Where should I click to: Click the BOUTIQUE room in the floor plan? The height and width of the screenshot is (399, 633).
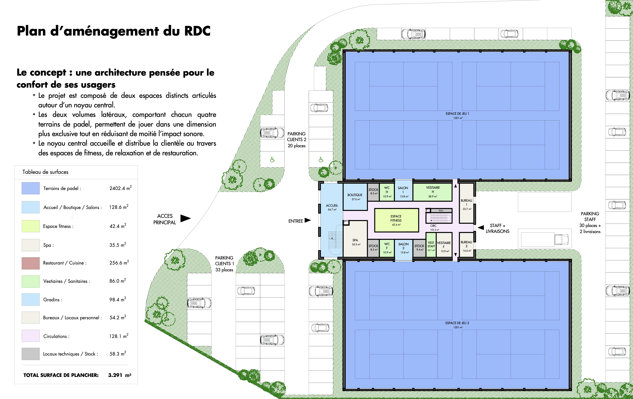click(355, 197)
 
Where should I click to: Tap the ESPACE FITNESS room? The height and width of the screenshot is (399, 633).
click(396, 220)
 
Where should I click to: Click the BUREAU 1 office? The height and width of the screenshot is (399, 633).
click(466, 203)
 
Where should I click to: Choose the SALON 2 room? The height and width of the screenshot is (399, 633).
click(404, 248)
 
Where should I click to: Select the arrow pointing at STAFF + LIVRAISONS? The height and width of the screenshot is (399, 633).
click(481, 228)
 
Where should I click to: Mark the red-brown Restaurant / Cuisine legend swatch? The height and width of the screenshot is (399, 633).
click(31, 263)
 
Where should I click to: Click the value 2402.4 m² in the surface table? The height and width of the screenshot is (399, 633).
click(121, 188)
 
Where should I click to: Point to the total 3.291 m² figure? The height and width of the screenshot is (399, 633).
click(120, 375)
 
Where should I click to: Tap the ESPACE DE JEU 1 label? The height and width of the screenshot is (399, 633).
click(457, 114)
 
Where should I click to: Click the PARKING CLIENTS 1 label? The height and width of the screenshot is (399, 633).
click(224, 264)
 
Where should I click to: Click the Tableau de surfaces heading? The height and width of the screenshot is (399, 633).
click(45, 172)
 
